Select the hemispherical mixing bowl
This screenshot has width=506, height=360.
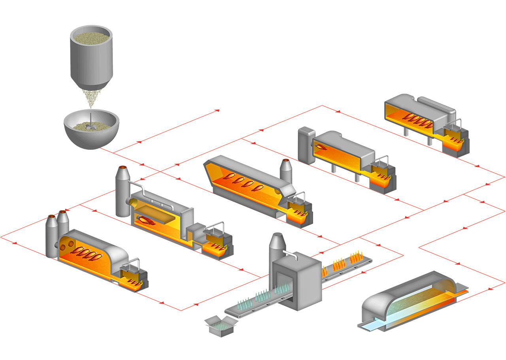[91, 136]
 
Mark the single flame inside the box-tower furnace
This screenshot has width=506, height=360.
[322, 147]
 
